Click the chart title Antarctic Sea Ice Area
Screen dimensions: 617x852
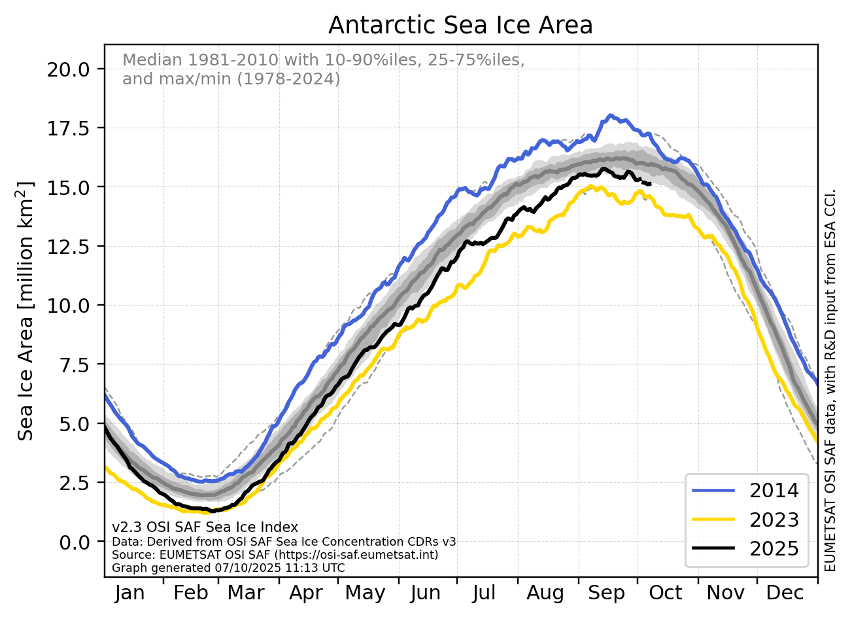[460, 26]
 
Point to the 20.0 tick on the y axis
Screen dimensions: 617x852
[69, 69]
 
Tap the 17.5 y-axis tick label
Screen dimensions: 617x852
[69, 128]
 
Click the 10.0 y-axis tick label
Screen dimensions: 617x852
[69, 306]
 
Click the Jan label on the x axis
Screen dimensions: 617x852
[129, 593]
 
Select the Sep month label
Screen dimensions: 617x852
[607, 593]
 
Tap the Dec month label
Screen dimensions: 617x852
[785, 593]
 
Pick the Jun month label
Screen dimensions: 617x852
[426, 593]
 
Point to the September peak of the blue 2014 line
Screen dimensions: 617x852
[611, 116]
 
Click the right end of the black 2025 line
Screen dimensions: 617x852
[650, 184]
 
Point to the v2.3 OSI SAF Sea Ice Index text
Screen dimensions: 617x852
[205, 527]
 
